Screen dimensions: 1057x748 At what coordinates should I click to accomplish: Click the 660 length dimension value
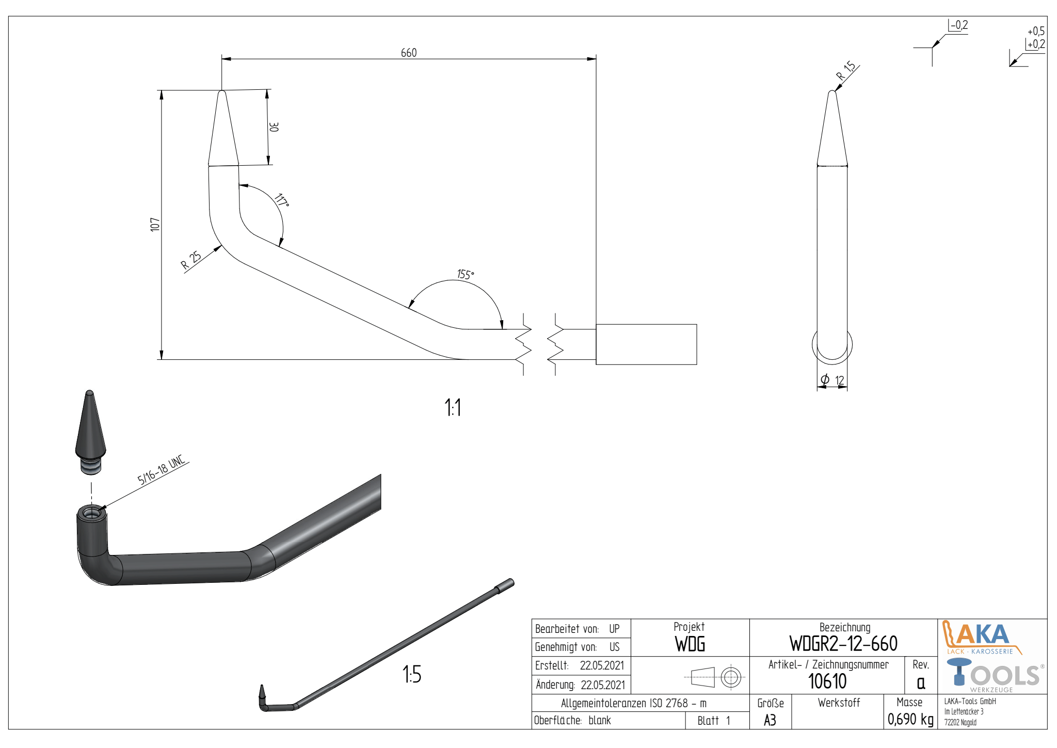[x=409, y=53]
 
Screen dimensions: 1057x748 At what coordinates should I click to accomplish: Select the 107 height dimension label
[x=155, y=225]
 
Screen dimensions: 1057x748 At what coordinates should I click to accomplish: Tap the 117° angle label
[x=282, y=200]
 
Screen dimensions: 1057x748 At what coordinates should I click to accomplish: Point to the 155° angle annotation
[x=465, y=274]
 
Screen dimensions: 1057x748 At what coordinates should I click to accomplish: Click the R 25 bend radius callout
[x=191, y=261]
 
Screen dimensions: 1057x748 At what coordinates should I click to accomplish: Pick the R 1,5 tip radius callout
[x=846, y=71]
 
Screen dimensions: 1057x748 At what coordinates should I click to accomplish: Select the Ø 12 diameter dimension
[x=832, y=380]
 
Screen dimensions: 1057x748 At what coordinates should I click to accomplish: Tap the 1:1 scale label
[x=453, y=407]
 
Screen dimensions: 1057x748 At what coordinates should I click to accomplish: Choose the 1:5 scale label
[x=412, y=674]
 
